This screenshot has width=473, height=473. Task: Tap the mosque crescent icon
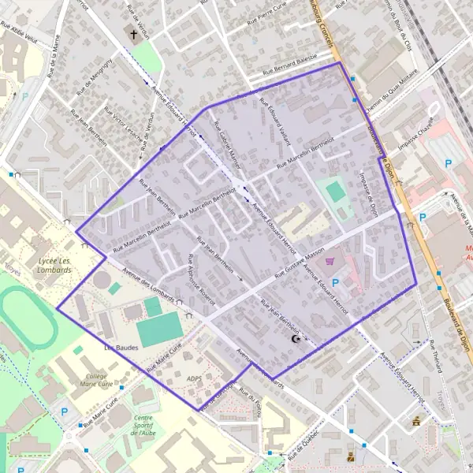(x=296, y=339)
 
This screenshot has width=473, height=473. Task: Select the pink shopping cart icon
(x=330, y=261)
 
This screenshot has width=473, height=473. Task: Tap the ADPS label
(x=195, y=379)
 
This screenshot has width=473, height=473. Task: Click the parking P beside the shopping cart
(x=336, y=282)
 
